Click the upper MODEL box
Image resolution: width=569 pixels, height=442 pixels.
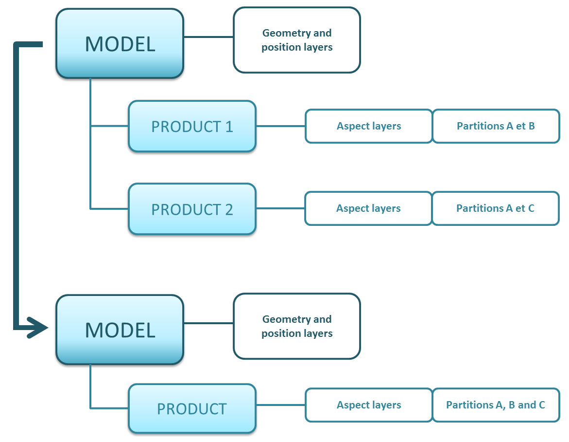(x=120, y=44)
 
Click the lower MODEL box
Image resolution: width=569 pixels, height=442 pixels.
(x=120, y=330)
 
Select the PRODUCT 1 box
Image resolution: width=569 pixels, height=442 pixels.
(x=192, y=127)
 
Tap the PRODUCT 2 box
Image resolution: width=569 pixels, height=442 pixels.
(x=192, y=209)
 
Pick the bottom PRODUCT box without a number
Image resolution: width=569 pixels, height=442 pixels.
(x=192, y=409)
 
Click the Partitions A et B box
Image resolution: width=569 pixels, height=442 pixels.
(x=496, y=126)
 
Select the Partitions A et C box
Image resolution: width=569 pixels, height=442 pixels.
(x=495, y=208)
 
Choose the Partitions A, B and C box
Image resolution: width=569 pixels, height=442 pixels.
(x=496, y=405)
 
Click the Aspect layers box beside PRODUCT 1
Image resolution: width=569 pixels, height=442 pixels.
(x=369, y=126)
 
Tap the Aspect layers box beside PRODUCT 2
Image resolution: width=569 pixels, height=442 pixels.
(x=368, y=208)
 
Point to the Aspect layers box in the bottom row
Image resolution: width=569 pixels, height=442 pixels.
(x=369, y=405)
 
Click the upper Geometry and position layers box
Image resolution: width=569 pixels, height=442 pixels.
(x=297, y=40)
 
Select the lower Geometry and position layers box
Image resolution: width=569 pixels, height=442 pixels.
(x=297, y=326)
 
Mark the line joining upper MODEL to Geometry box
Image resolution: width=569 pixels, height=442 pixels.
(x=208, y=37)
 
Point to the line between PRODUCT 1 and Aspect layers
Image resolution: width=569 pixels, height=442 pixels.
(x=280, y=126)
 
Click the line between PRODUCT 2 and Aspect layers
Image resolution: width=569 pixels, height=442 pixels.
(x=280, y=208)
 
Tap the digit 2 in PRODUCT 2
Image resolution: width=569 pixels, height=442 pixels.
(x=228, y=210)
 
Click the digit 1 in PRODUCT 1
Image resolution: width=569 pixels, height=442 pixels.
(x=228, y=127)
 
